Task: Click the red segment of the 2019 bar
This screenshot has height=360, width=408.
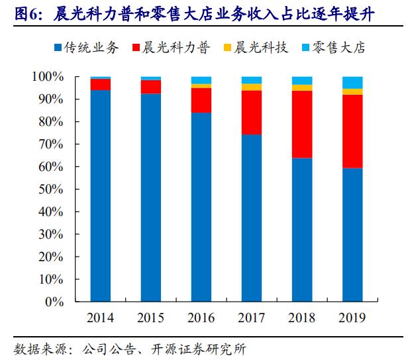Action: [x=352, y=131]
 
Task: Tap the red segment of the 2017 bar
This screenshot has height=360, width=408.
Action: [x=251, y=113]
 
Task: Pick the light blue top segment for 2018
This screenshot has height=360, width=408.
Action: [x=301, y=80]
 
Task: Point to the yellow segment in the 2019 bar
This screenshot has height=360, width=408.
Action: [x=352, y=91]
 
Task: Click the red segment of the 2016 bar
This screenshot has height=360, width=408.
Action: [x=201, y=100]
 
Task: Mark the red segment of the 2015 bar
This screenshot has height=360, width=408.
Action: [x=150, y=87]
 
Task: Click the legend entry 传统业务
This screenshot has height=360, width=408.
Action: [x=87, y=47]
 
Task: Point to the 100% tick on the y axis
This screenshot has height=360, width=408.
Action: [x=47, y=77]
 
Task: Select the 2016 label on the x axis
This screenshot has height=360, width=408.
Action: [x=201, y=318]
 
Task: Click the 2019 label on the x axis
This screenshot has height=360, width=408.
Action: [x=352, y=318]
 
